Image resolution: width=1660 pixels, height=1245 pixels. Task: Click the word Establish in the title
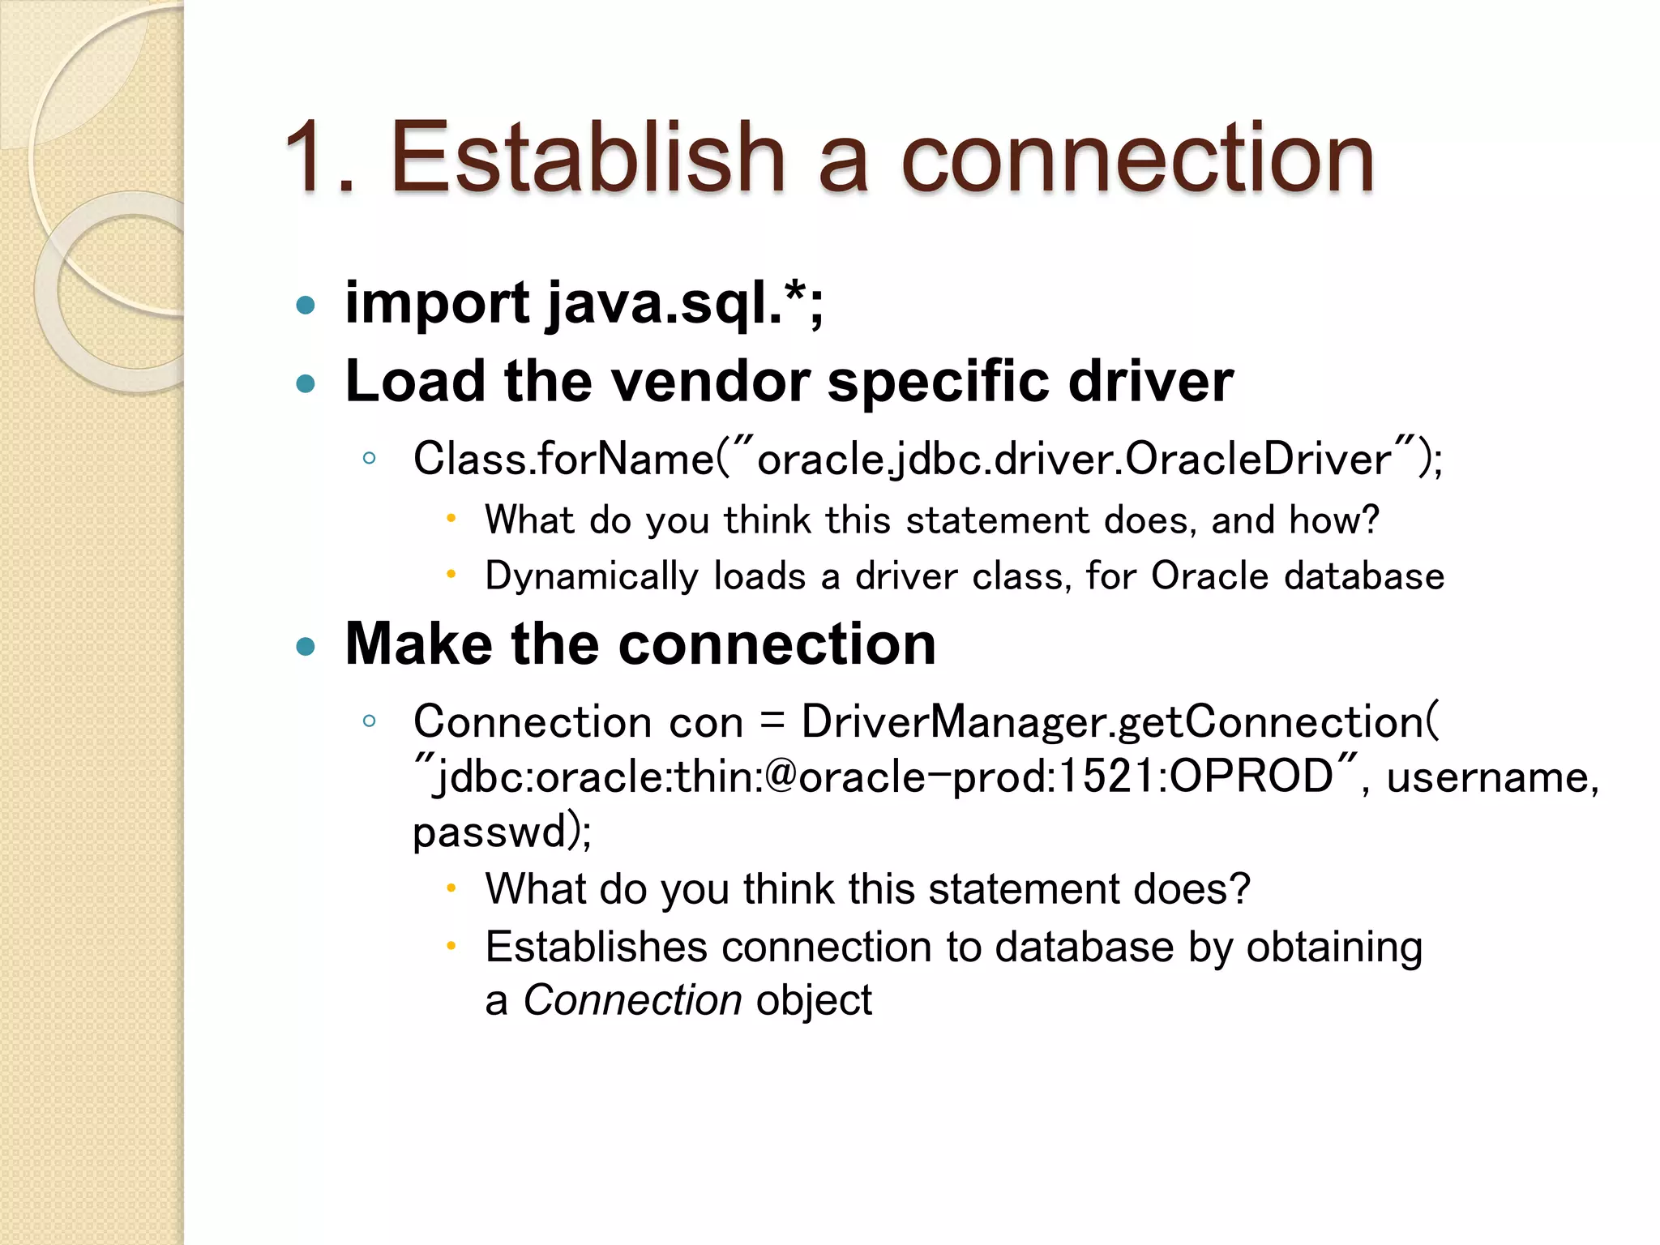(x=588, y=157)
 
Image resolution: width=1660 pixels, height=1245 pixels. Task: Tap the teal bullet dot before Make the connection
(x=306, y=647)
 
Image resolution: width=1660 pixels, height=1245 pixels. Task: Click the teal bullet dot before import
(x=306, y=306)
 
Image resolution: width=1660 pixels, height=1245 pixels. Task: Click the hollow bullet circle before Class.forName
(x=370, y=458)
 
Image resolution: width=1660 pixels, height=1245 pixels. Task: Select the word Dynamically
(x=592, y=576)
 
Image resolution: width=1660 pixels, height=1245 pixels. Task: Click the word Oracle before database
(x=1209, y=576)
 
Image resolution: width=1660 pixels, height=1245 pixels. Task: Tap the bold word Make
(x=418, y=644)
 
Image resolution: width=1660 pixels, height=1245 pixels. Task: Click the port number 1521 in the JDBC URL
(x=1109, y=777)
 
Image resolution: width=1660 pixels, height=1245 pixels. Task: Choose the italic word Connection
(x=632, y=1000)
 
